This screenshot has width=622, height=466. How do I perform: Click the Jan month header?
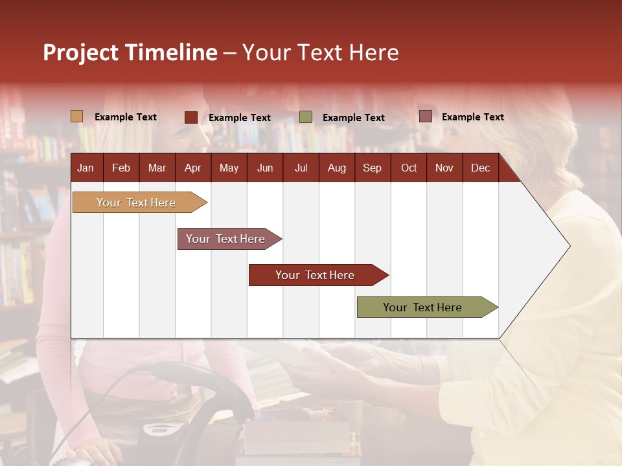tap(86, 168)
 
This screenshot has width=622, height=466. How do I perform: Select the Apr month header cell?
tap(193, 168)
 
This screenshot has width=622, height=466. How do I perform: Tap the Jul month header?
tap(301, 168)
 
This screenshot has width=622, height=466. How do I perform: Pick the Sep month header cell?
tap(372, 168)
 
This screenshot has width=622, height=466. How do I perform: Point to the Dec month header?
tap(480, 168)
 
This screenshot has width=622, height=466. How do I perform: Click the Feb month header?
tap(121, 168)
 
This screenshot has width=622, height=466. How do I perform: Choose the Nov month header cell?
tap(444, 168)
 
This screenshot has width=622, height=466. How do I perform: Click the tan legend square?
tap(77, 116)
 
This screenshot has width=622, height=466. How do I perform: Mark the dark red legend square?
tap(191, 117)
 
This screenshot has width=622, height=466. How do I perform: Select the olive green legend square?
tap(306, 117)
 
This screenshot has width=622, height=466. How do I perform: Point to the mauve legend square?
tap(426, 116)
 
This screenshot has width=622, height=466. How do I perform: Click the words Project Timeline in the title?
tap(130, 52)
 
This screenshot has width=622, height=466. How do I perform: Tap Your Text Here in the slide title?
tap(321, 52)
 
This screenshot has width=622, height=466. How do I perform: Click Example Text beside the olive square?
tap(354, 118)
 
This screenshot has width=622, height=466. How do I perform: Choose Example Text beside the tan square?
tap(126, 117)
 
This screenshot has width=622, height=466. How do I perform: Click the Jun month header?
tap(265, 168)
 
